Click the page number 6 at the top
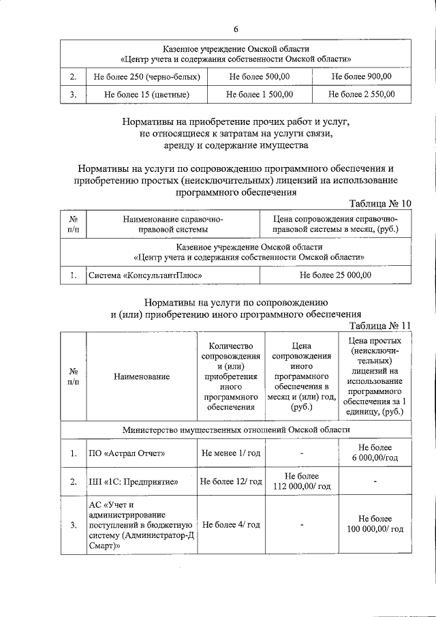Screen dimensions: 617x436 click(x=236, y=29)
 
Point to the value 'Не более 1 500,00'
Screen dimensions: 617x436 click(x=260, y=94)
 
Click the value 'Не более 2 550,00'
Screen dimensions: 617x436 click(x=361, y=94)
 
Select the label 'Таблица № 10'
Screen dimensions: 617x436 click(x=380, y=204)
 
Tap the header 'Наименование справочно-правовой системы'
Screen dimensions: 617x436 click(x=173, y=224)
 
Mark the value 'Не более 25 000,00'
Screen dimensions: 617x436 click(x=335, y=275)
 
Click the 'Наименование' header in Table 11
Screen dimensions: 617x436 click(x=142, y=376)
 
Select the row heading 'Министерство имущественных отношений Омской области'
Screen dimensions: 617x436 click(x=236, y=430)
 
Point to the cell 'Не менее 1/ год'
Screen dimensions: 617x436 click(x=231, y=453)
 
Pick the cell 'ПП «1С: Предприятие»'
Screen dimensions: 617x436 click(x=134, y=481)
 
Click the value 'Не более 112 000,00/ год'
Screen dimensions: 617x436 click(x=301, y=481)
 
